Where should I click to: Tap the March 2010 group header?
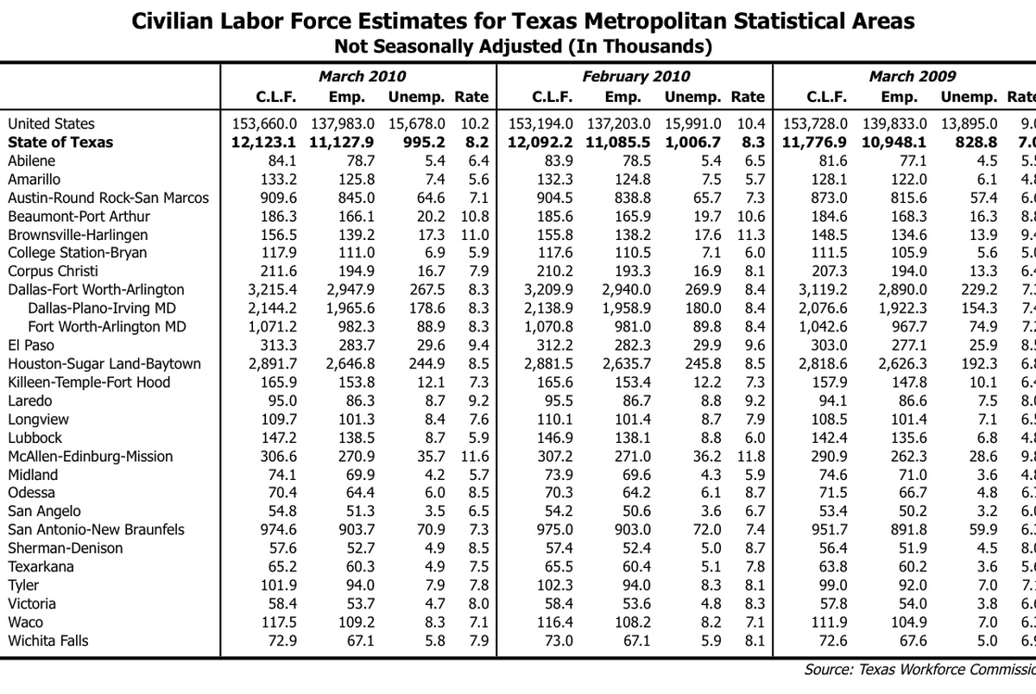pos(362,76)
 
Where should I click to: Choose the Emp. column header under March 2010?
pos(348,97)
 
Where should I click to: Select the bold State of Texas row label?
pos(60,142)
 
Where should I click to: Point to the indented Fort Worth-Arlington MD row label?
pos(107,326)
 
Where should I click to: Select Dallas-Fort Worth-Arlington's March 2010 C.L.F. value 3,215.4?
pos(273,290)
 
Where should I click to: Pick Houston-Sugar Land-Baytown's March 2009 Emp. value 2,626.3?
pos(900,364)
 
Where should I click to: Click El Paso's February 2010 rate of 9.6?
pos(754,345)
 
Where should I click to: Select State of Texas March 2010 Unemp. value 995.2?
pos(426,142)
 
